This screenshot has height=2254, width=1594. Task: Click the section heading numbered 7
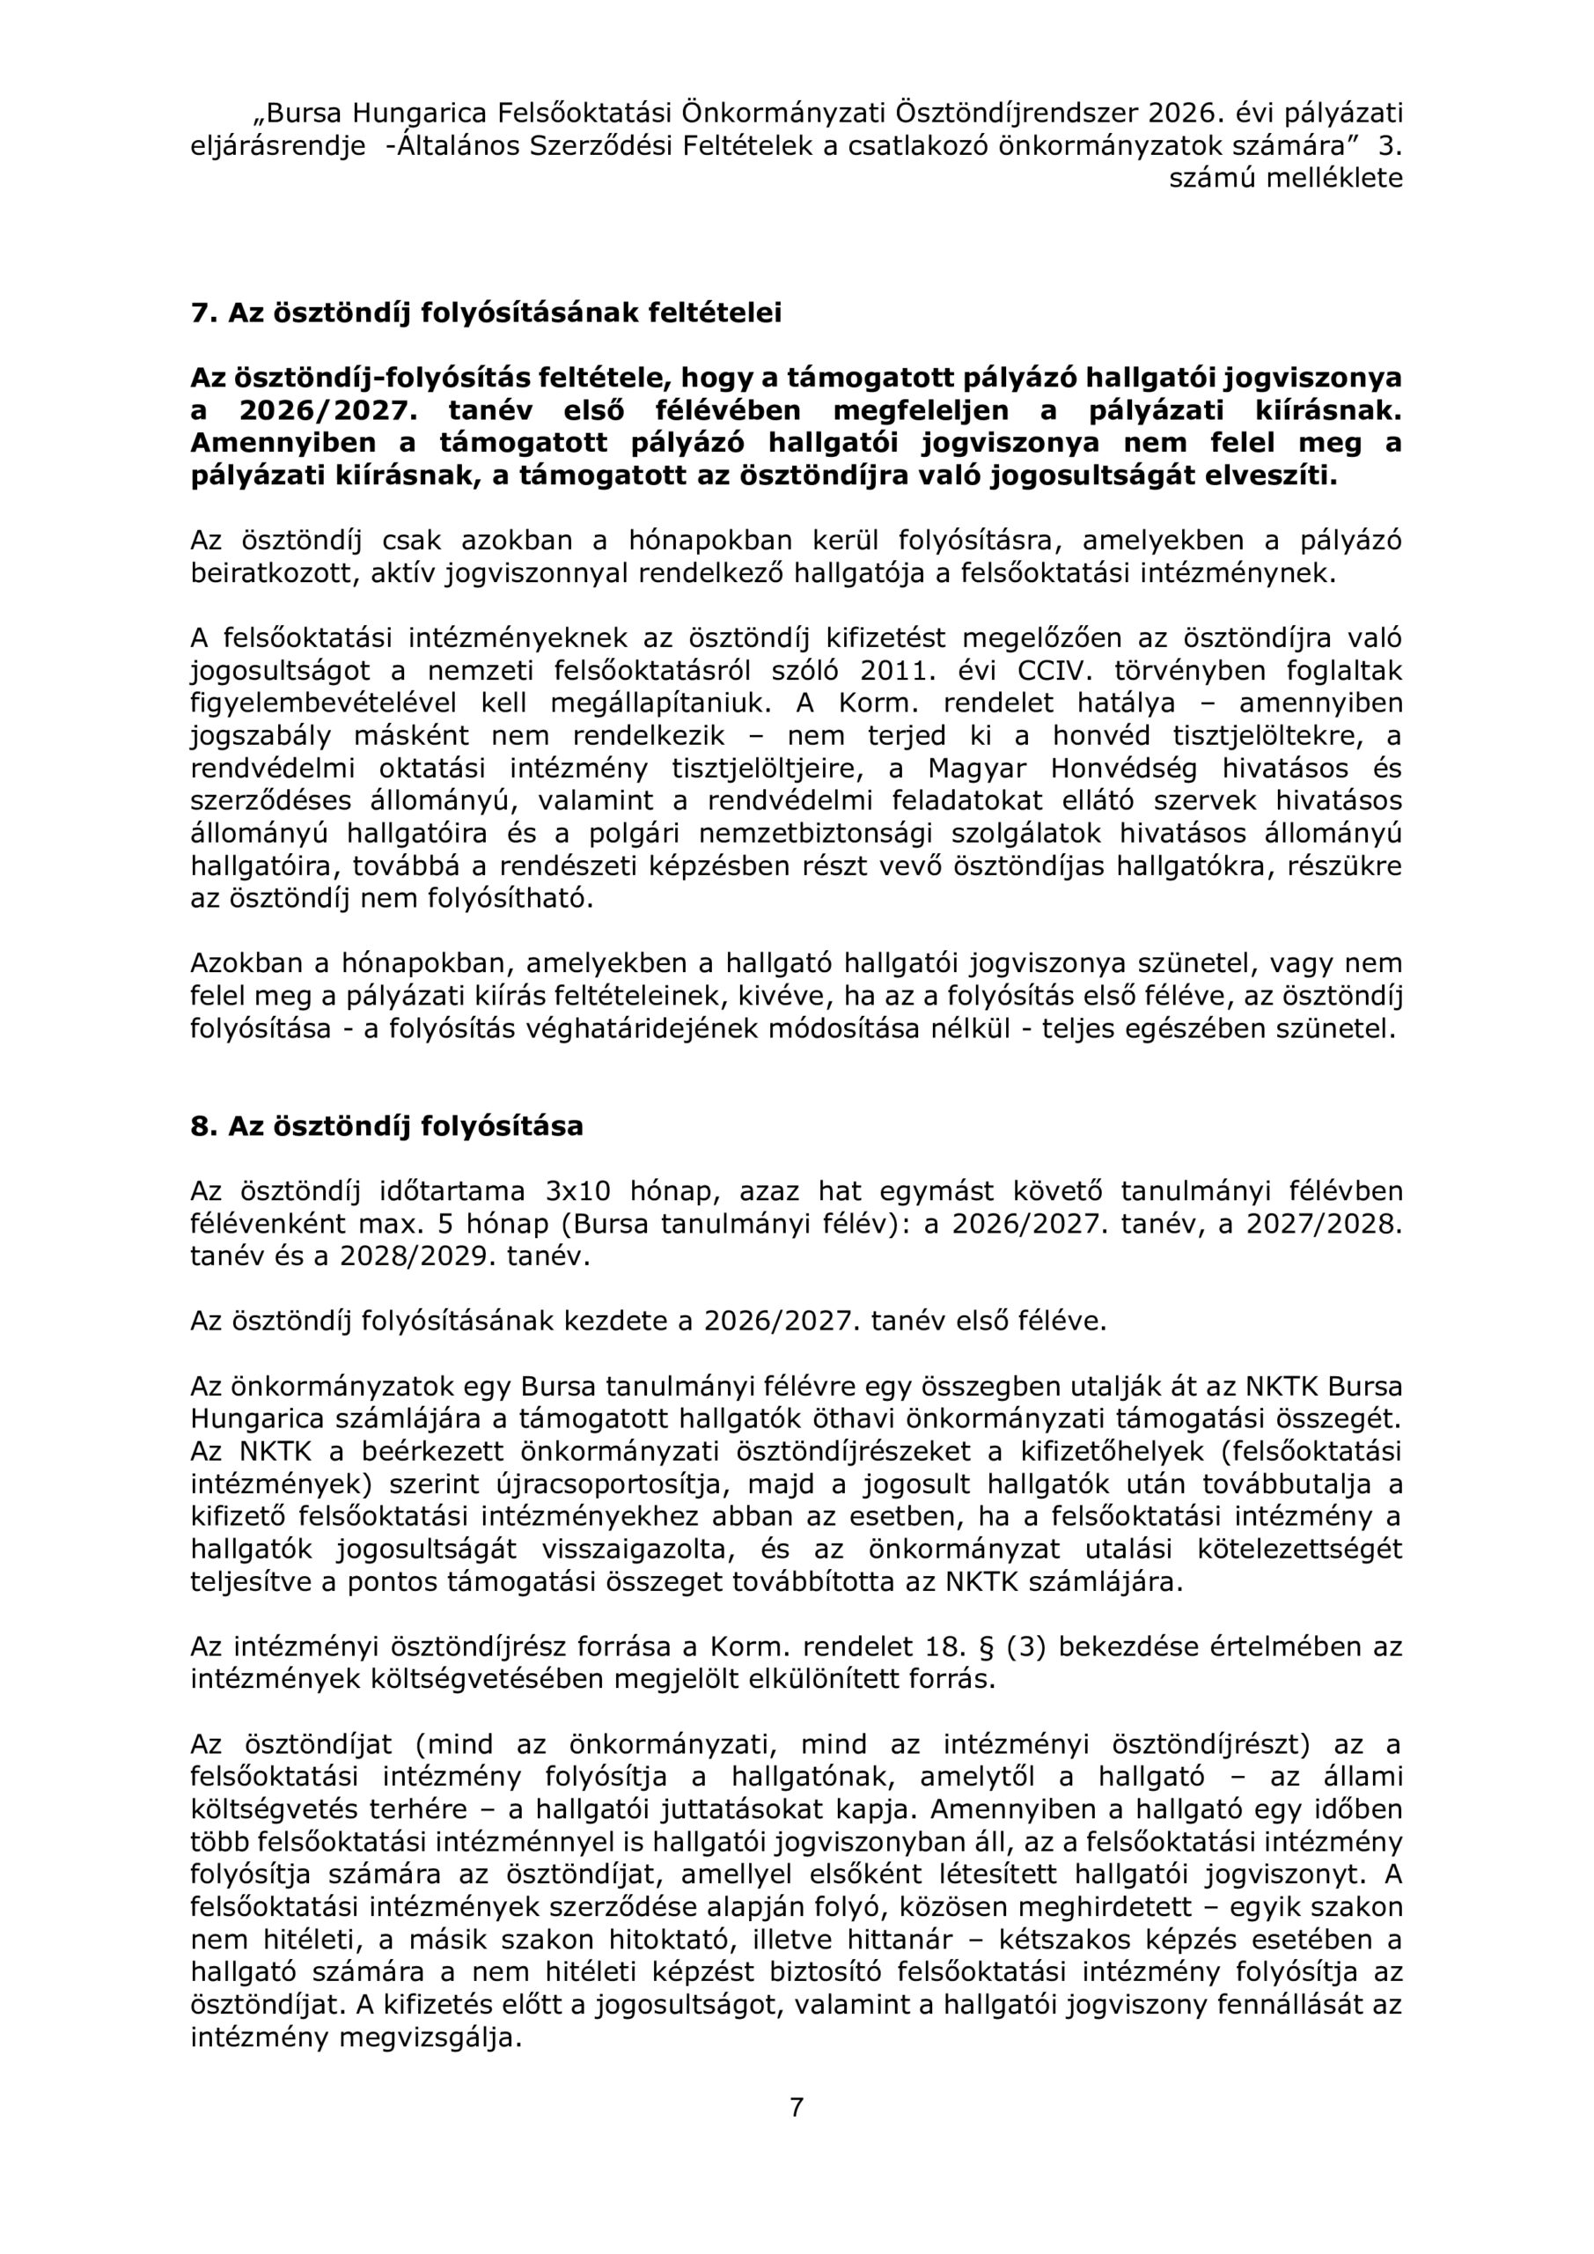[486, 313]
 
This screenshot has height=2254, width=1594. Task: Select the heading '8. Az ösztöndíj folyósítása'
[386, 1125]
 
